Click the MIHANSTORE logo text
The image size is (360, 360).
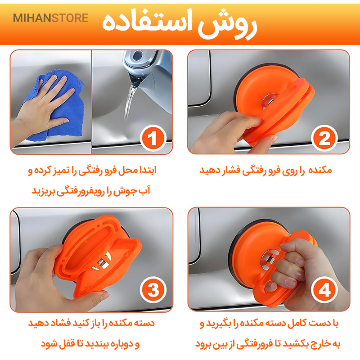[50, 18]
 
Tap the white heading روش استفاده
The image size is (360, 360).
[180, 24]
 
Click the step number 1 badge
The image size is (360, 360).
[153, 138]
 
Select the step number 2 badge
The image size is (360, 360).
[324, 138]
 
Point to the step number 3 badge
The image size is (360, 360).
[153, 290]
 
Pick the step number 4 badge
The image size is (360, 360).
[324, 290]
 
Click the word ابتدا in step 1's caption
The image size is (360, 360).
[147, 171]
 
